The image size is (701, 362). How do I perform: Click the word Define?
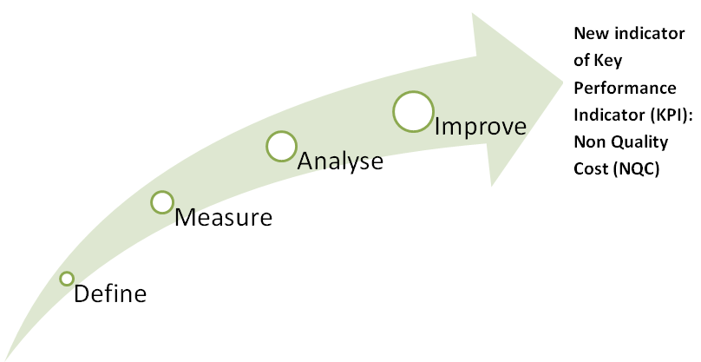[x=110, y=294]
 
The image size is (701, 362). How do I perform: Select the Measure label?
[x=223, y=218]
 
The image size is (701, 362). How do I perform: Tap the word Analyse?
[x=340, y=161]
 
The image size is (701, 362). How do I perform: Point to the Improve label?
[x=481, y=126]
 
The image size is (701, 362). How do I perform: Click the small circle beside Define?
[x=67, y=273]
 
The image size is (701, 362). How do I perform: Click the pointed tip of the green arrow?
[x=563, y=81]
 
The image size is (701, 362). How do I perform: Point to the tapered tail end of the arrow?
[x=5, y=358]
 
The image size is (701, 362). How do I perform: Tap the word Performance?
[x=625, y=88]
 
